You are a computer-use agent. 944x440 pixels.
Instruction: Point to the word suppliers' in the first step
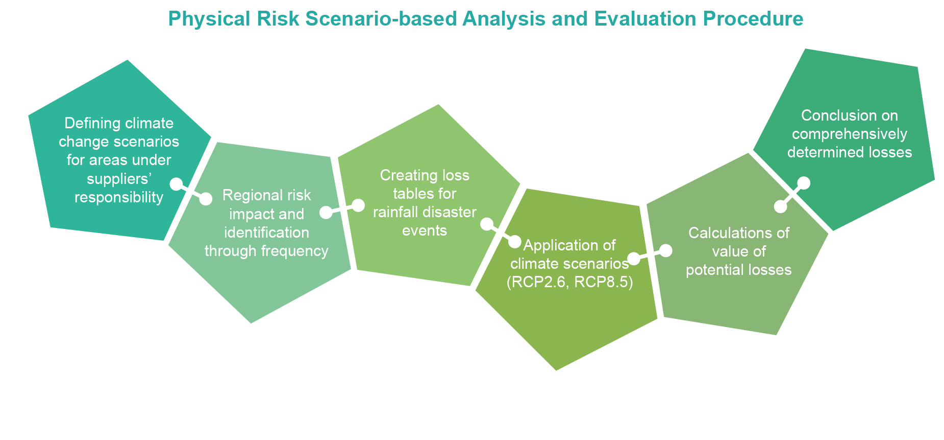click(x=119, y=179)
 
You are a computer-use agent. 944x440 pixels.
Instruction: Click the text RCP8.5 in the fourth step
click(x=604, y=283)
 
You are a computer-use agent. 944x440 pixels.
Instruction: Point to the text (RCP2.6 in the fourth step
click(x=538, y=283)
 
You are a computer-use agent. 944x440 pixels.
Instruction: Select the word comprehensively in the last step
click(x=850, y=134)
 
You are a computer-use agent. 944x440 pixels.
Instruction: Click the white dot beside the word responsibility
click(x=176, y=184)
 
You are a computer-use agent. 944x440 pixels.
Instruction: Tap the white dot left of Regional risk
click(x=206, y=199)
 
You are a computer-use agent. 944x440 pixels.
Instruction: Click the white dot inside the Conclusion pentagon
click(x=804, y=182)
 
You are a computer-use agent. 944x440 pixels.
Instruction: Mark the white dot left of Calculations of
click(x=666, y=250)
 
